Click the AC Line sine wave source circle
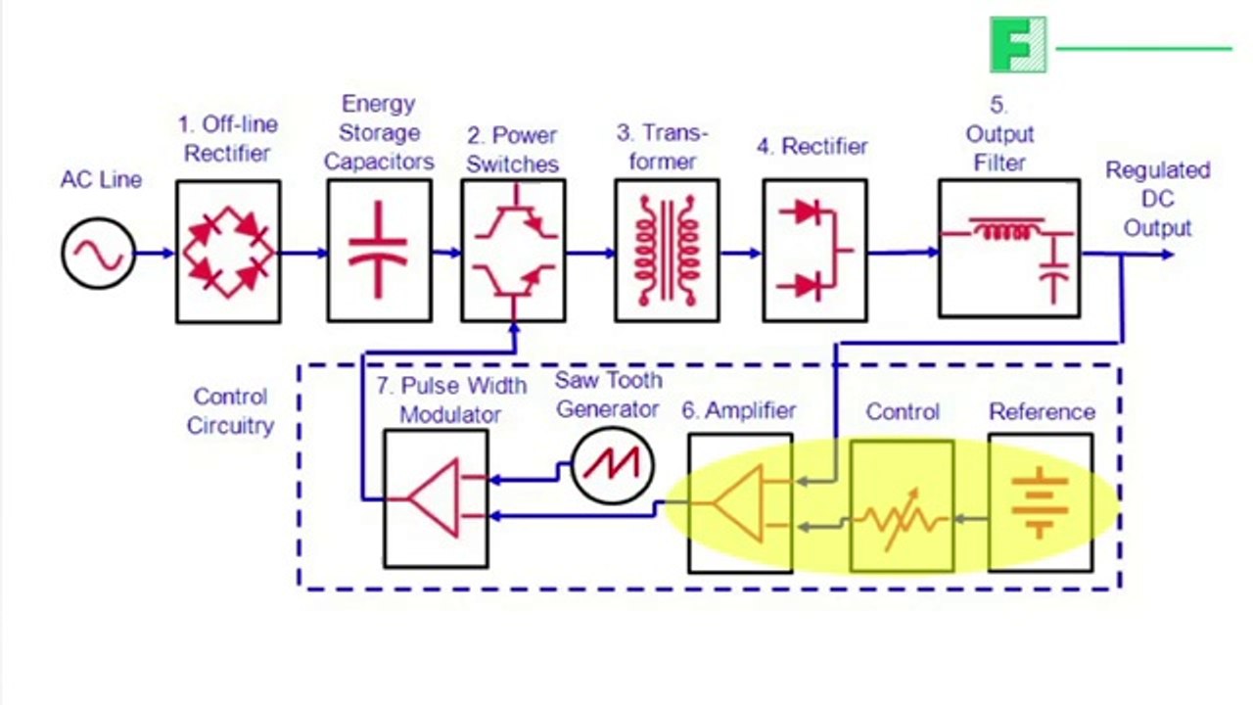coord(99,254)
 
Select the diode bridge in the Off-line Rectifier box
coord(229,252)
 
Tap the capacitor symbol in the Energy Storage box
coord(378,250)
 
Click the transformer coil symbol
coord(667,250)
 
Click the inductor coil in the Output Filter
coord(1007,229)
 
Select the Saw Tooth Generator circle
coord(613,465)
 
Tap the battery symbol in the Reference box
coord(1041,502)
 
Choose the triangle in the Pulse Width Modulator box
coord(434,498)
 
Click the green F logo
coord(1018,45)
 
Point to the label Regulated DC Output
coord(1158,199)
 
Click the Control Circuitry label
coord(230,411)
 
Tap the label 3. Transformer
coord(663,147)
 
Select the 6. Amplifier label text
coord(739,410)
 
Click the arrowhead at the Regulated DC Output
coord(1167,255)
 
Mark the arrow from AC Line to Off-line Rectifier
coord(155,254)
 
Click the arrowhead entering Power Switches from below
coord(515,329)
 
